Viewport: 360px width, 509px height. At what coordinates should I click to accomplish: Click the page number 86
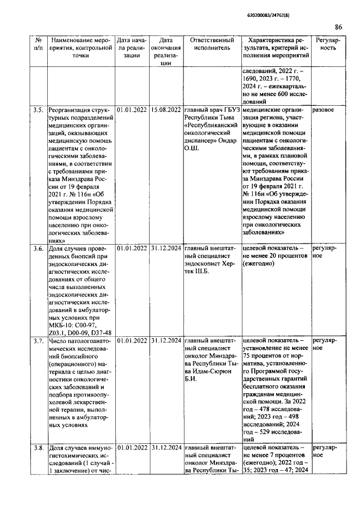click(339, 26)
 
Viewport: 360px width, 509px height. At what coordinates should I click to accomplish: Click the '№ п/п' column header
click(38, 45)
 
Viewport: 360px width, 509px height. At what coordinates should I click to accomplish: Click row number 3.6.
click(38, 248)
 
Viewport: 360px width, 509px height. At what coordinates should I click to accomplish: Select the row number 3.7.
click(38, 341)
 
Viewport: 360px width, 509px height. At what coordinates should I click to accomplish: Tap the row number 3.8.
click(38, 448)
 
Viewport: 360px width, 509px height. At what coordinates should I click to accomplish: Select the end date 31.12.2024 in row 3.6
click(165, 248)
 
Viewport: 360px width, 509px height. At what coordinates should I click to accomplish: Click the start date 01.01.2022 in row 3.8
click(132, 448)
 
